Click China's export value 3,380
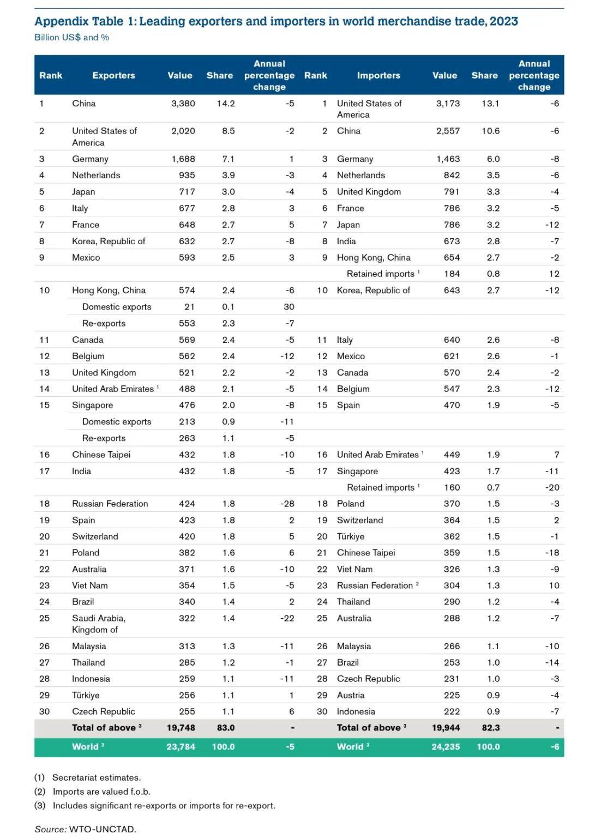pos(183,104)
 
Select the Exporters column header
pos(113,75)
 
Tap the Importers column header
pos(378,75)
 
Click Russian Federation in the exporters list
pos(110,504)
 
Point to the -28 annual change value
pos(287,504)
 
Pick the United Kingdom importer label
pos(369,192)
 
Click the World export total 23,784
pos(181,747)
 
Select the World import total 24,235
pos(446,747)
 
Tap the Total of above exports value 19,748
pos(181,728)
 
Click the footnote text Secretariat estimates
pos(96,778)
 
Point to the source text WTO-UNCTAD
pos(102,829)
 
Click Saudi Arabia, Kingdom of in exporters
pos(98,624)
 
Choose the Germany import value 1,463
pos(448,159)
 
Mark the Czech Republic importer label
pos(368,679)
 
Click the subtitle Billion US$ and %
pos(71,38)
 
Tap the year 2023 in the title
pos(503,21)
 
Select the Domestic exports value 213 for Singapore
pos(187,422)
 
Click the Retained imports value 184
pos(452,274)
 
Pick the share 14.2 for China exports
pos(225,104)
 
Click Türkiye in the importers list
pos(350,536)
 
